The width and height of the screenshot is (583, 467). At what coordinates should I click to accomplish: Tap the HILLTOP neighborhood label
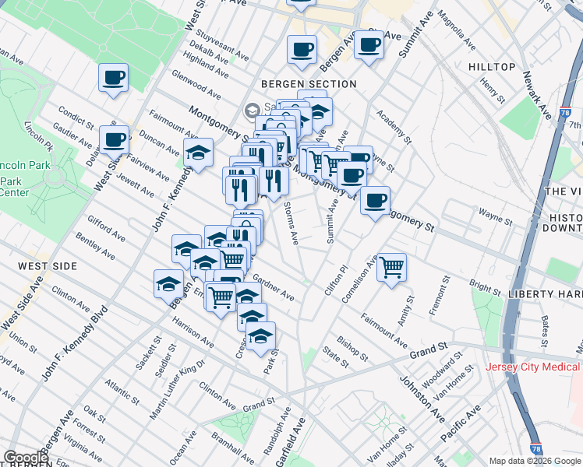[492, 68]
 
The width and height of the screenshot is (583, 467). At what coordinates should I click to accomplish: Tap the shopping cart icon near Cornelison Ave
[391, 267]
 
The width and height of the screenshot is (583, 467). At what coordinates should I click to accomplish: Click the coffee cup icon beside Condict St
[114, 139]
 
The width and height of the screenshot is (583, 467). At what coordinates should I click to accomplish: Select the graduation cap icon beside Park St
[260, 335]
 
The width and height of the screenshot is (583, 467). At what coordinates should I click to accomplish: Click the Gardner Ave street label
[274, 290]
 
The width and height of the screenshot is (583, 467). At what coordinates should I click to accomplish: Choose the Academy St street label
[393, 127]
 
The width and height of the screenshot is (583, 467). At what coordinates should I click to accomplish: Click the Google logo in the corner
[25, 458]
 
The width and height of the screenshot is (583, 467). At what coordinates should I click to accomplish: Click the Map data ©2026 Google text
[535, 461]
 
